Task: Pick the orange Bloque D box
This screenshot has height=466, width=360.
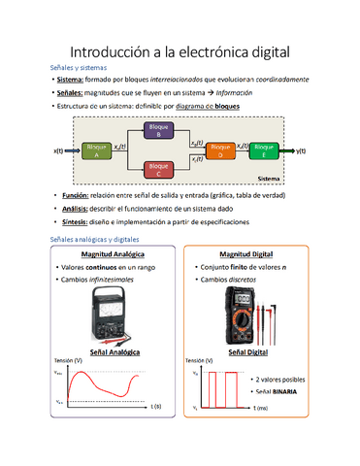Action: pos(220,150)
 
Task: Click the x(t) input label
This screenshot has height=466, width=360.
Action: pos(58,151)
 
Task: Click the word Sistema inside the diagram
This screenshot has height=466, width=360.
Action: pos(267,180)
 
